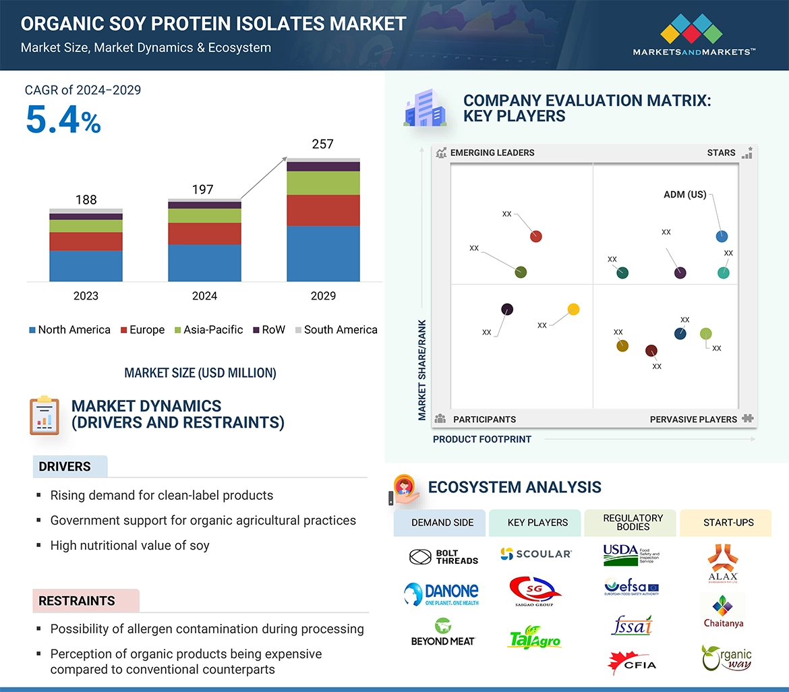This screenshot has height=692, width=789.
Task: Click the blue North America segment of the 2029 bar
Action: (x=323, y=254)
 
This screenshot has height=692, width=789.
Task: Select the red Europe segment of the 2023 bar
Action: (x=86, y=241)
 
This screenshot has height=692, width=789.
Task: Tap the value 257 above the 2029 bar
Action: (x=322, y=144)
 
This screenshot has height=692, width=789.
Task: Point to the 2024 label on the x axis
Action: (x=204, y=295)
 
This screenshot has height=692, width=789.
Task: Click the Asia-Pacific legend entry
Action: (x=208, y=330)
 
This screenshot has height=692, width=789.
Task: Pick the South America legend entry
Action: (x=335, y=330)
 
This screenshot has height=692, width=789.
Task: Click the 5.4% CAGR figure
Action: (x=63, y=120)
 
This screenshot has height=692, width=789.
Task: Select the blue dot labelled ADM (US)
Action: (x=722, y=236)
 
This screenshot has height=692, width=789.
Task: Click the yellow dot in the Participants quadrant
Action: (x=573, y=310)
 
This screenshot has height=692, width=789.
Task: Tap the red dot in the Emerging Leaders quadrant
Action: (x=536, y=236)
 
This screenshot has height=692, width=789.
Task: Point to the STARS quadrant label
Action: (x=721, y=153)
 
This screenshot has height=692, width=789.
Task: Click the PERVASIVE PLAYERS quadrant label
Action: (x=693, y=420)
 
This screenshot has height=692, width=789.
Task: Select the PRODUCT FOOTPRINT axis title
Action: (x=482, y=439)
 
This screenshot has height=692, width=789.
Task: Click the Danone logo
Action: (x=442, y=594)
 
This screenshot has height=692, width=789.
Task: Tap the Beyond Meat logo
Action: (x=442, y=633)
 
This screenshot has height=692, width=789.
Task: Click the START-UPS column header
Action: (x=728, y=523)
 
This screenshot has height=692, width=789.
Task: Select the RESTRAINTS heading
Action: (x=77, y=601)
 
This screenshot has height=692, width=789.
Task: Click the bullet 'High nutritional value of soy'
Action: (x=130, y=546)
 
